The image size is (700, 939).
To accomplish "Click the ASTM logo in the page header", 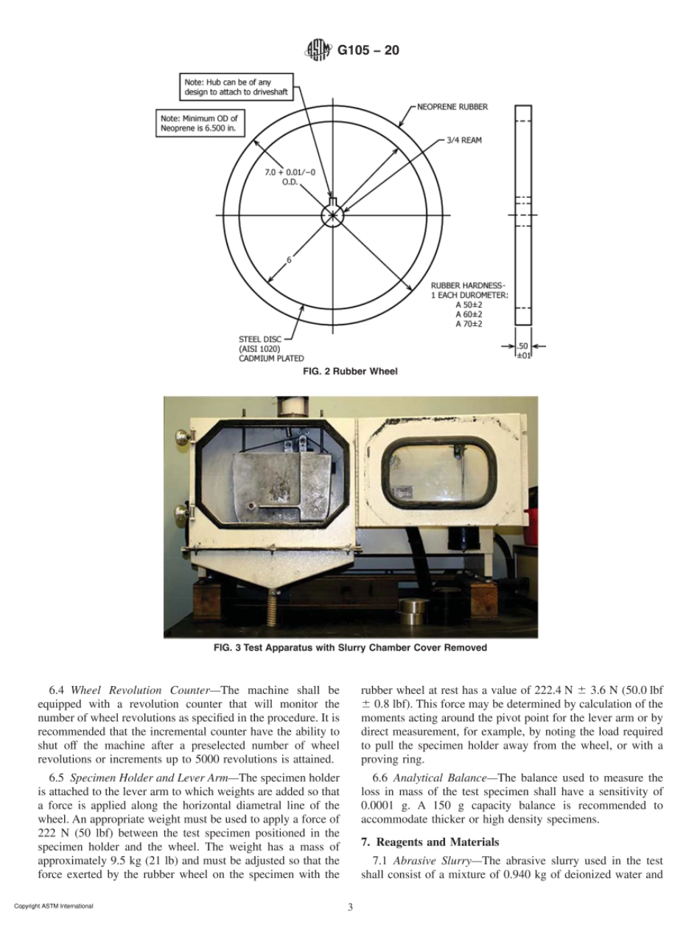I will coord(315,52).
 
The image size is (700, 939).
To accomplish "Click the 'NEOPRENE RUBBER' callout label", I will coord(452,107).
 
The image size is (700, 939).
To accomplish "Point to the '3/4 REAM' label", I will coord(463,139).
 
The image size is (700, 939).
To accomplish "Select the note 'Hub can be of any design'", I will coord(236,86).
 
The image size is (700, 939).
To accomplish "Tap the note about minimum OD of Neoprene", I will coord(199,123).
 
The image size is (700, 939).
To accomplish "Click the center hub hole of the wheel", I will coord(332,215).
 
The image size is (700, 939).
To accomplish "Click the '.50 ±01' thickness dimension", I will coord(522,350).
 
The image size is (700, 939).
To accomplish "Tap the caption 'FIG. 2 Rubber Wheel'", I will coord(350,371).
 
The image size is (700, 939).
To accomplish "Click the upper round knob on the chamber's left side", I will coord(179,437).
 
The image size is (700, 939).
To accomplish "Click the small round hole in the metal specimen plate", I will coord(252,505).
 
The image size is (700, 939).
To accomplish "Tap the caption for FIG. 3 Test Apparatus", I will coord(350,648).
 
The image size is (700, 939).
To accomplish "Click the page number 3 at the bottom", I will coord(350,907).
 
